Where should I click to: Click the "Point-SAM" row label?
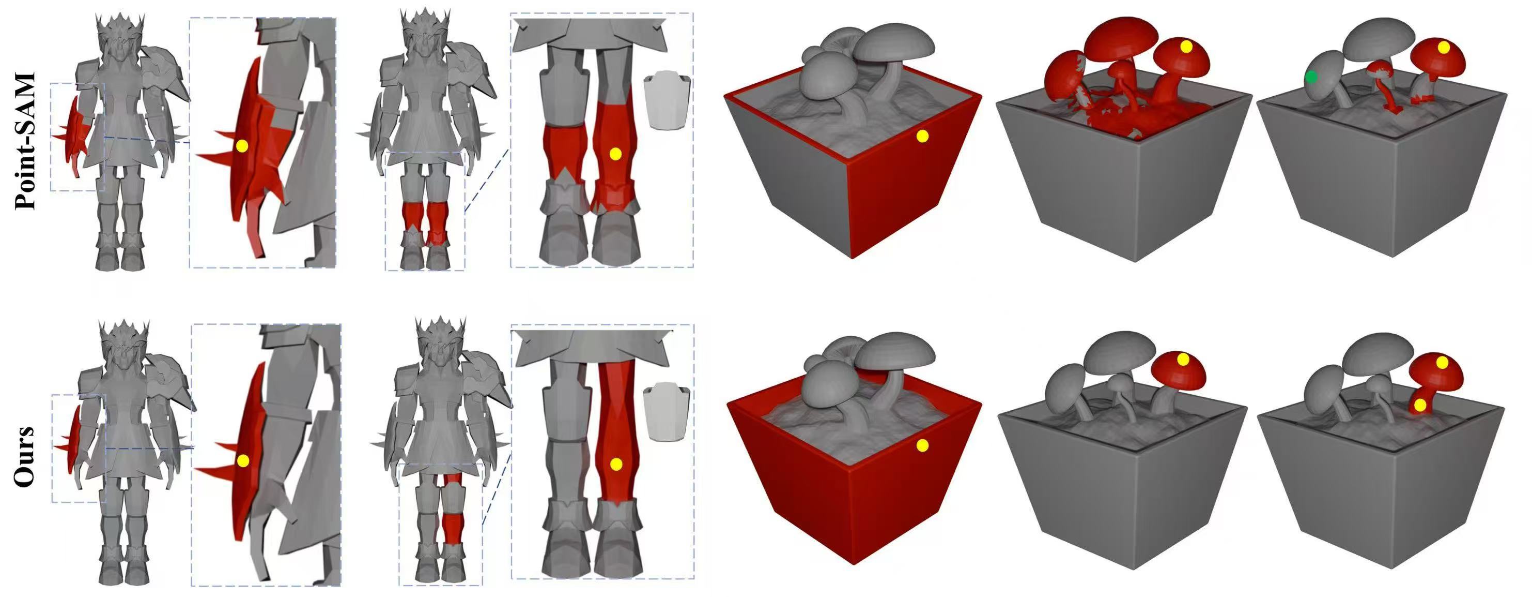pyautogui.click(x=25, y=141)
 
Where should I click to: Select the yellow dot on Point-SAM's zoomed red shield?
pyautogui.click(x=241, y=146)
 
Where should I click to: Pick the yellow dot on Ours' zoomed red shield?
pyautogui.click(x=242, y=460)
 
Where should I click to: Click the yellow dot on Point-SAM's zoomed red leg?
pyautogui.click(x=615, y=154)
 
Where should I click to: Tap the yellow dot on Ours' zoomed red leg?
pyautogui.click(x=616, y=464)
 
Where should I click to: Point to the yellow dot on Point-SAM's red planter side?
pyautogui.click(x=922, y=136)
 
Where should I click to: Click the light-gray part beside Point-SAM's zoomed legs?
pyautogui.click(x=667, y=101)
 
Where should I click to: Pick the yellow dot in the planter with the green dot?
pyautogui.click(x=1443, y=47)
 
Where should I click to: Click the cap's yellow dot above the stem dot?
pyautogui.click(x=1442, y=362)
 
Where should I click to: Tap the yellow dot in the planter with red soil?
pyautogui.click(x=1186, y=46)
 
